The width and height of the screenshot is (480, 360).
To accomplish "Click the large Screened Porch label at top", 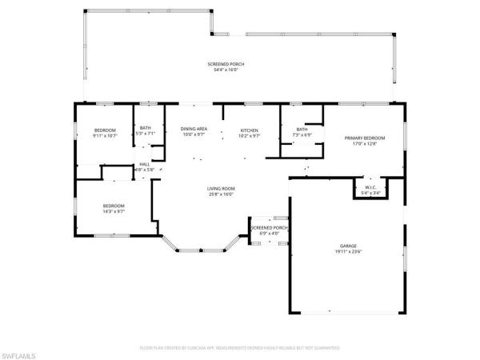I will [x=226, y=63].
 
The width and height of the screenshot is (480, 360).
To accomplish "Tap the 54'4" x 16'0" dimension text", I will [x=226, y=70].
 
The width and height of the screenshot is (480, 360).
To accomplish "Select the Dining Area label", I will [x=194, y=129].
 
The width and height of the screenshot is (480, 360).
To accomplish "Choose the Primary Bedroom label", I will [x=360, y=138].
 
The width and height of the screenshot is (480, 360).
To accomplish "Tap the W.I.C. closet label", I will [x=370, y=187].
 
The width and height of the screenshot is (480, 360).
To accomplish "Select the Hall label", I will [x=145, y=164].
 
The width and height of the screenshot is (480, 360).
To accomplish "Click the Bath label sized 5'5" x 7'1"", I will [x=146, y=128].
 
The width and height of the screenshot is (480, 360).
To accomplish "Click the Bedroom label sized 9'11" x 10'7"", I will [x=106, y=130].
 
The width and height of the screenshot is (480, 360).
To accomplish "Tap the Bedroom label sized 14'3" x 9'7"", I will [x=114, y=206].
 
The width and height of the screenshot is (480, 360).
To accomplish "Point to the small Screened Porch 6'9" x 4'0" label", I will [x=269, y=228].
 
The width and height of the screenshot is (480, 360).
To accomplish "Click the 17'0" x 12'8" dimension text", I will [x=360, y=144].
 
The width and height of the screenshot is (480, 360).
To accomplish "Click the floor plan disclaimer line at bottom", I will [x=240, y=348].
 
